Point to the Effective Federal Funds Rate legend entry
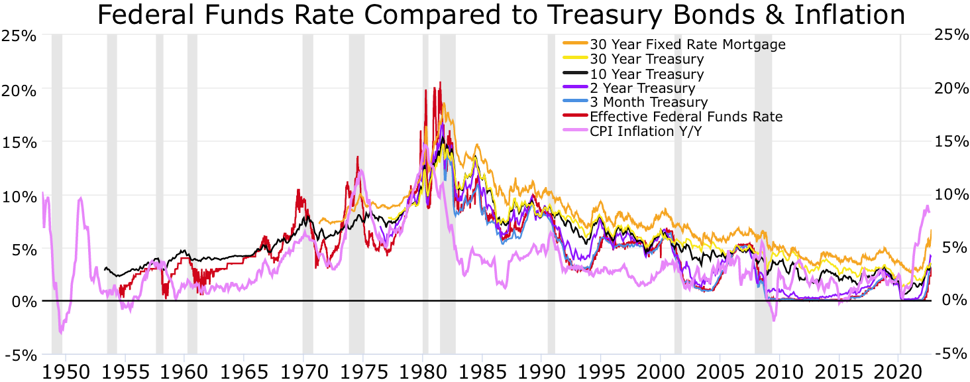[686, 117]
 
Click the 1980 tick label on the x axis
[422, 370]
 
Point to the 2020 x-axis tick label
[898, 370]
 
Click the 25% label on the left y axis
[19, 35]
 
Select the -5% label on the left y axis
[19, 355]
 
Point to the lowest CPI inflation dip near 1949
[60, 332]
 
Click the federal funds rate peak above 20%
[440, 83]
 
